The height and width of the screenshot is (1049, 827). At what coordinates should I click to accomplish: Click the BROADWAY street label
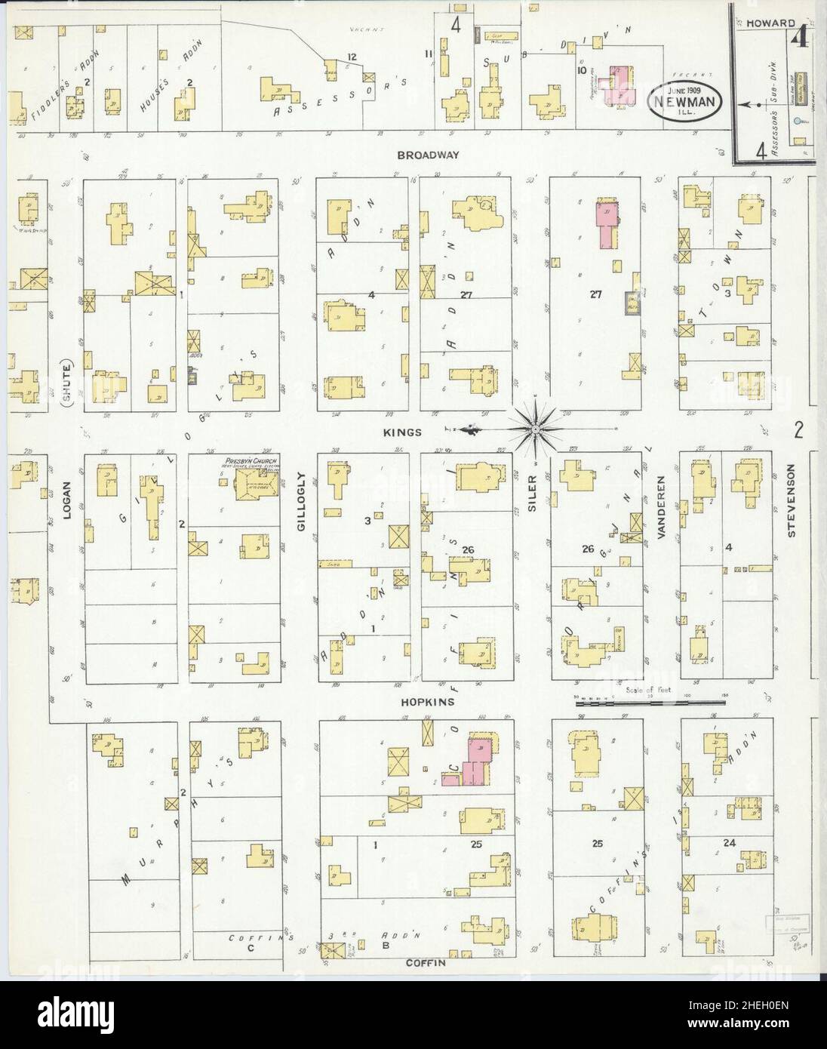[x=426, y=155]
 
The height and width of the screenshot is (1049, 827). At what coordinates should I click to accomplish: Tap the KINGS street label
[x=407, y=432]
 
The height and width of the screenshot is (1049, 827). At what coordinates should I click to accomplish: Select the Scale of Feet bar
[x=650, y=703]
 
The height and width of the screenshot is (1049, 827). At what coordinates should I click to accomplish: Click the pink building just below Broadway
[x=607, y=223]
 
